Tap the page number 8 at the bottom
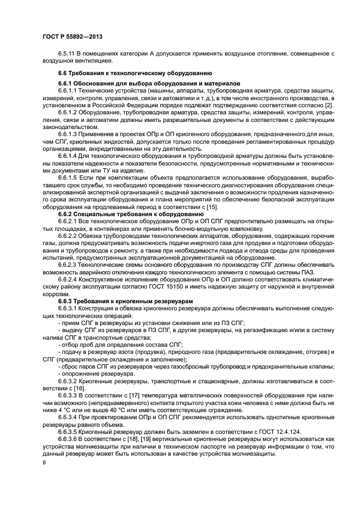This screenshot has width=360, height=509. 44,463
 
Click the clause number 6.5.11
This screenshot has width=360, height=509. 66,54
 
